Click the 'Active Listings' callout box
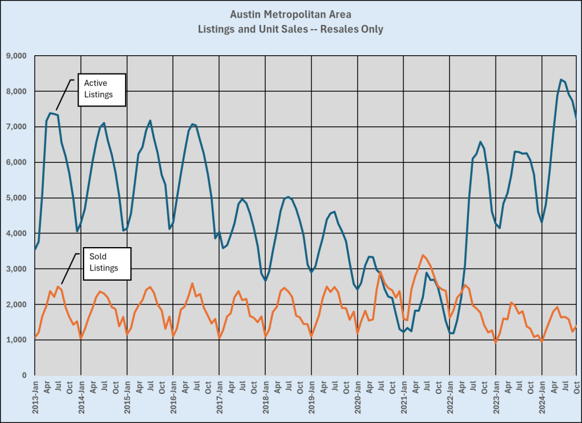coord(101,89)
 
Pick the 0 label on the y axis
coord(24,375)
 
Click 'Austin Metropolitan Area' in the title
coord(290,14)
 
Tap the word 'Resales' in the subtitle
coord(338,28)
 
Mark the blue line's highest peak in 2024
coord(561,80)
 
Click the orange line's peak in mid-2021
coord(423,255)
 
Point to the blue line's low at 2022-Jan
coord(451,333)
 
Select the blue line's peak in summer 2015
coord(150,121)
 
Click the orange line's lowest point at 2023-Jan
coord(496,342)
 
